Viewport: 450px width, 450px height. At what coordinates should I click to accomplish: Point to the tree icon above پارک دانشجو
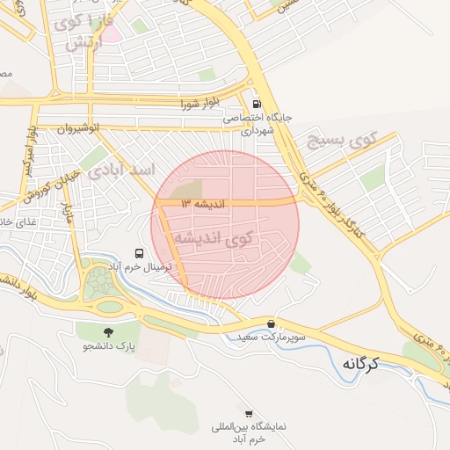(x=108, y=331)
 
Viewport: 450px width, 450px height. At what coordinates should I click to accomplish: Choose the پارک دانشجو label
(x=109, y=347)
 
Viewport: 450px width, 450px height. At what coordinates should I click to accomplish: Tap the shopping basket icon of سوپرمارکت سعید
(x=271, y=323)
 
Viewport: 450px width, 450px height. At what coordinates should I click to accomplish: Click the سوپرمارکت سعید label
(x=271, y=337)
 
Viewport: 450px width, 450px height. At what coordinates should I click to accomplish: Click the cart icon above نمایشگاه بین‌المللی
(x=249, y=413)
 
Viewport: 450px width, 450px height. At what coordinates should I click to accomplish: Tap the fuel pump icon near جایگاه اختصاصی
(x=256, y=103)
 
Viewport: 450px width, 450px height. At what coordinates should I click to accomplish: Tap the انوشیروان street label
(x=78, y=128)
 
